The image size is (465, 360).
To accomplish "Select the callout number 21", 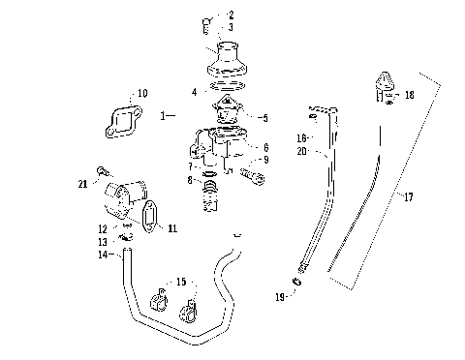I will [x=82, y=184].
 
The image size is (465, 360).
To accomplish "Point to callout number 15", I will [x=179, y=282].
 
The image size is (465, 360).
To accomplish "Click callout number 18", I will [x=410, y=96].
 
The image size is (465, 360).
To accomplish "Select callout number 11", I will [x=173, y=228].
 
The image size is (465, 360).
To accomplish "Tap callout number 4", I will [x=194, y=92].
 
